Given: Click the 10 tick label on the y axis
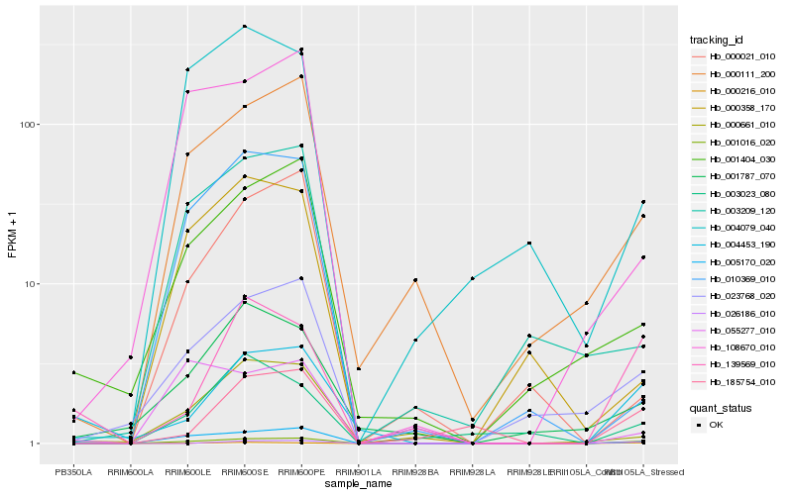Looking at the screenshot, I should [x=31, y=284].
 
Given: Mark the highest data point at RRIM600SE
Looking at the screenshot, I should [x=244, y=26].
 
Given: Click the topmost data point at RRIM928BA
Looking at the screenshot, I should [x=415, y=280].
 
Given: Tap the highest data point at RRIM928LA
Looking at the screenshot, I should [x=473, y=278].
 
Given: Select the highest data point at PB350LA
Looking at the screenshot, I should [x=72, y=372].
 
